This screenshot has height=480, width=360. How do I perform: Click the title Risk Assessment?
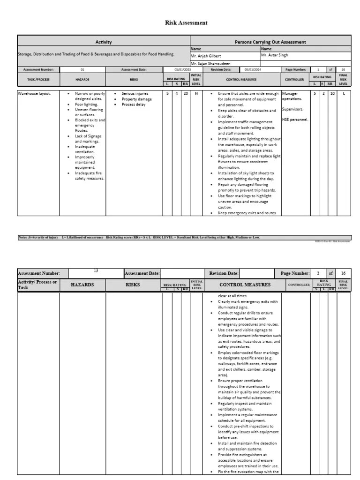coord(186,22)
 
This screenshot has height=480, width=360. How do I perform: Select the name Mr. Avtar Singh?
coord(275,55)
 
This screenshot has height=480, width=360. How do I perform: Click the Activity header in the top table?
coord(103,42)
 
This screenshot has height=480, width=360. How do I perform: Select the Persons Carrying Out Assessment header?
coord(270,42)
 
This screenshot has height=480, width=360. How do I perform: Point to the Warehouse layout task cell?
coord(34,94)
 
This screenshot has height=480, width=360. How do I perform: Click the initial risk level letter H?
coord(196,94)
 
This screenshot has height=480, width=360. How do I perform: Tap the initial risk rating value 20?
coord(186,94)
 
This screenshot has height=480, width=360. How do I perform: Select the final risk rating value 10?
coord(332,94)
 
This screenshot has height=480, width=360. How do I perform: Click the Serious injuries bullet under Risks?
coord(135,94)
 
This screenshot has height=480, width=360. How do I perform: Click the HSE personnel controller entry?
coord(295,120)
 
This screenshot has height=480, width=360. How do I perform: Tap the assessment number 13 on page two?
coord(96,270)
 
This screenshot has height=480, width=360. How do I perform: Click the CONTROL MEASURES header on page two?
coord(245,285)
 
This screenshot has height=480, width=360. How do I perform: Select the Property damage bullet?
coord(136,99)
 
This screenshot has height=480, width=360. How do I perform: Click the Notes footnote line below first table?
coord(139,237)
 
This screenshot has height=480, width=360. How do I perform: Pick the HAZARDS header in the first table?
coord(82,79)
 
